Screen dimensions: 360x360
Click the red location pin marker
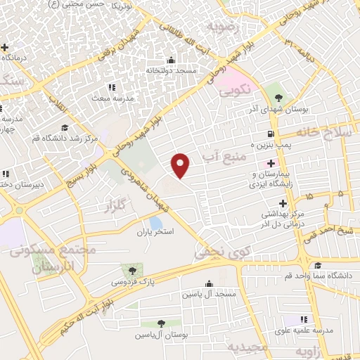pyautogui.click(x=181, y=165)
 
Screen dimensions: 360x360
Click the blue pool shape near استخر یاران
pyautogui.click(x=155, y=223)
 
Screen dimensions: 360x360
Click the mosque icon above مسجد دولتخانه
pyautogui.click(x=171, y=60)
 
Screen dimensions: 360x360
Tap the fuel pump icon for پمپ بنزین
pyautogui.click(x=270, y=134)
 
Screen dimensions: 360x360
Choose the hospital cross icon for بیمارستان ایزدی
pyautogui.click(x=271, y=163)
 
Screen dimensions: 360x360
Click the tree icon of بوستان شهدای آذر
pyautogui.click(x=278, y=98)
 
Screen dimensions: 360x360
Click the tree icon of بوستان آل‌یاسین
pyautogui.click(x=161, y=323)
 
